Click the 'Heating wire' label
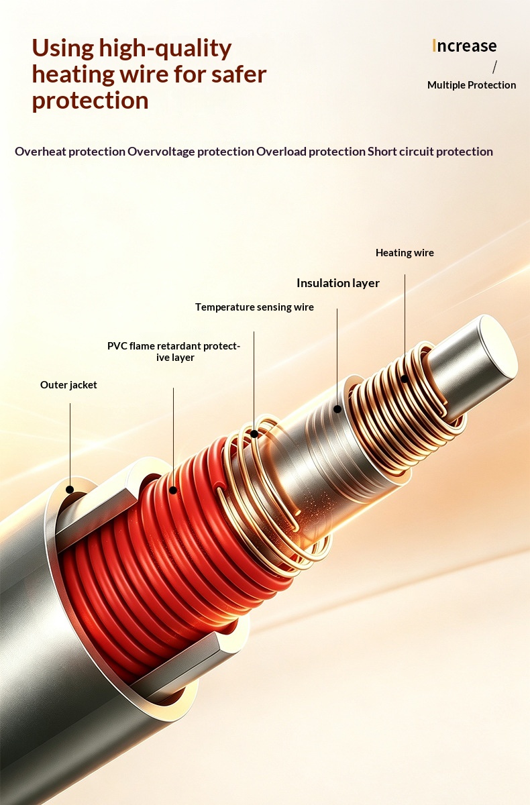coord(405,253)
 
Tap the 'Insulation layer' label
coord(337,283)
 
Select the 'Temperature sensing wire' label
coord(254,307)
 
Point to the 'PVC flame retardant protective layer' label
coord(174,352)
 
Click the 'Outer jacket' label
coord(68,385)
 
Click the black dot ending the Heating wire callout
coord(405,379)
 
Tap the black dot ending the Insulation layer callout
coord(337,409)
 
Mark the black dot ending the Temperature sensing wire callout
coord(254,434)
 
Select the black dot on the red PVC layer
coord(173,490)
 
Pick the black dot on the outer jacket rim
coord(70,490)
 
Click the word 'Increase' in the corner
coord(464,46)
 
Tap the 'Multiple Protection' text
coord(472,85)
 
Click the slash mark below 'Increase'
coord(495,67)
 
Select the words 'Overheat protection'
coord(70,152)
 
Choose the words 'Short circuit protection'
coord(430,152)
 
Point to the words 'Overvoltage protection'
coord(191,152)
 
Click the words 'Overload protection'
coord(311,152)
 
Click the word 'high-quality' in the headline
coord(165,49)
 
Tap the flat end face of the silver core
coord(498,347)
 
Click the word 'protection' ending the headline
coord(90,102)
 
